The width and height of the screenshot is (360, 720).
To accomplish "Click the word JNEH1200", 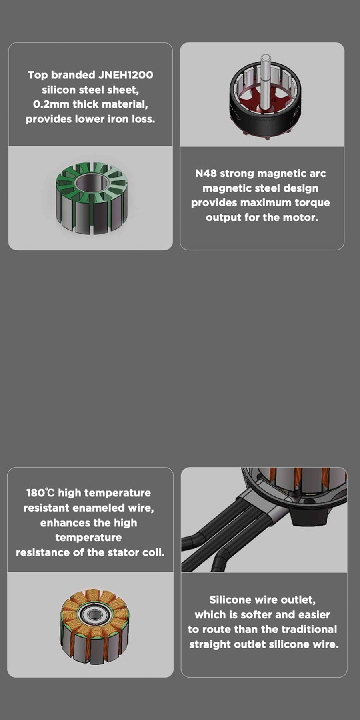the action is (125, 75).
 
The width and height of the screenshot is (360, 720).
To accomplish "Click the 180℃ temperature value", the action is (40, 493).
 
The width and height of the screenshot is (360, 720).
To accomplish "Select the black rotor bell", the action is (265, 100).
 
